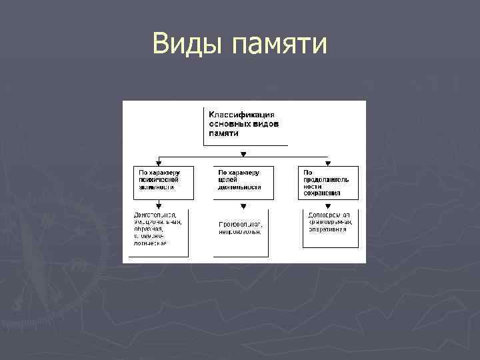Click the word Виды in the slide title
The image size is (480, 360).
189,45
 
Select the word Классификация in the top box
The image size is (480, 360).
242,115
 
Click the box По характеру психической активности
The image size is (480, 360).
163,182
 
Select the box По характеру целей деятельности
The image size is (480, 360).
243,182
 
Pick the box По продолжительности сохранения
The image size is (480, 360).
327,182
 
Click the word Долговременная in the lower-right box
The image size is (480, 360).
329,215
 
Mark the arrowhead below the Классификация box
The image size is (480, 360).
243,154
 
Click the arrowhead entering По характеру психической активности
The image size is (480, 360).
159,163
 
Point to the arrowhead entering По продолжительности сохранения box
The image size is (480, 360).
327,163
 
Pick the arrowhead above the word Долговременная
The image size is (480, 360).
327,205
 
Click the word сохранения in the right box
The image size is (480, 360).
325,193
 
